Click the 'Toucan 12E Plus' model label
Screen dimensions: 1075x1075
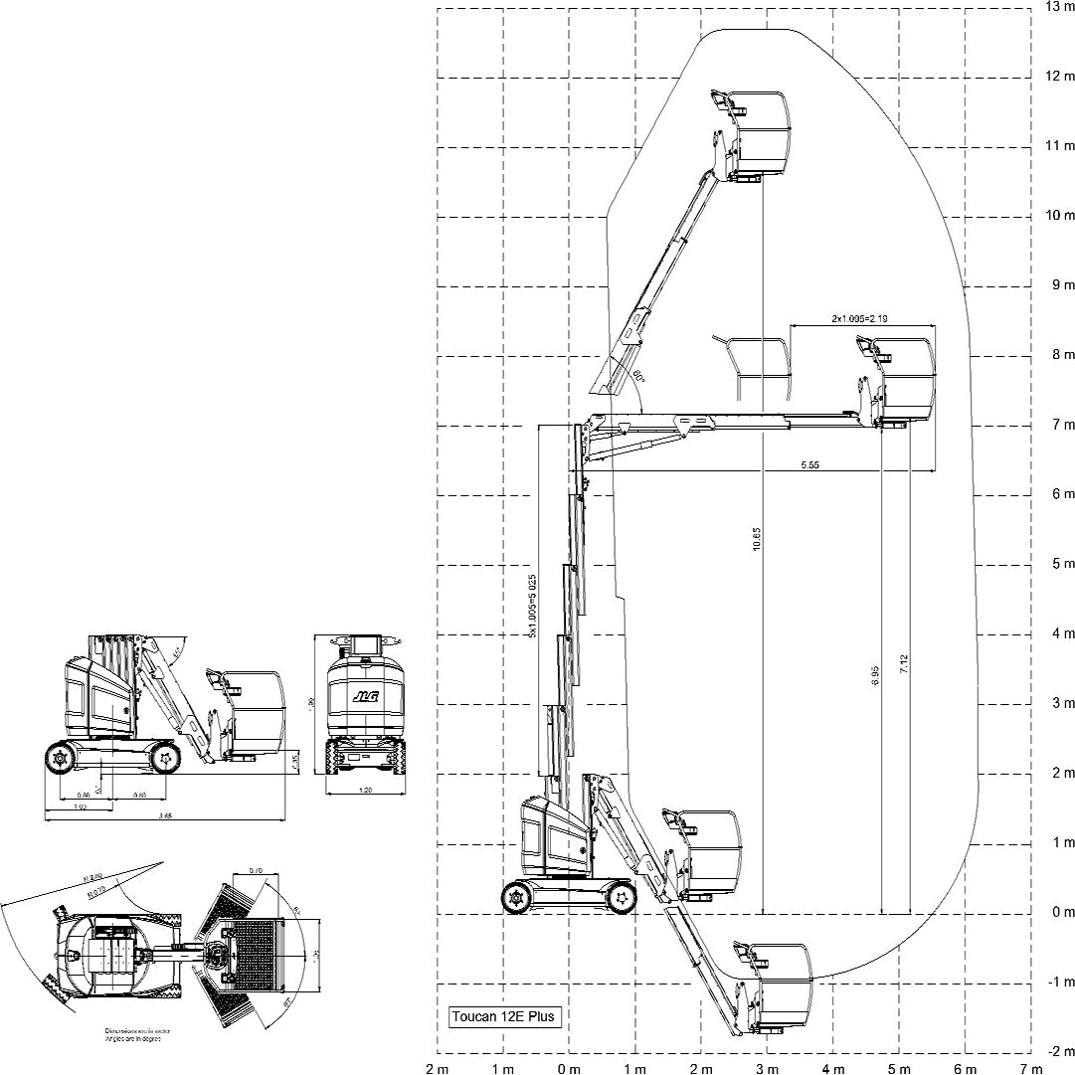click(x=505, y=1017)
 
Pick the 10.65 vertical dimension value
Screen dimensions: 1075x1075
click(x=757, y=537)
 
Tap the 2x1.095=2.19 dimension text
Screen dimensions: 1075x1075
click(x=860, y=318)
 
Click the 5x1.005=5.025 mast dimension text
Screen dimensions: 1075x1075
click(x=533, y=605)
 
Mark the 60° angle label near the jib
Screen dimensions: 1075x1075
click(x=639, y=376)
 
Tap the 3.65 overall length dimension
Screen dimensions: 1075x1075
click(x=167, y=816)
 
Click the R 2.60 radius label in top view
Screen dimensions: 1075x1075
click(x=95, y=878)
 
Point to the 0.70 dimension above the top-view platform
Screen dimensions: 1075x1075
click(x=256, y=871)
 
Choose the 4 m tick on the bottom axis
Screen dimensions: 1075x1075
click(x=832, y=1069)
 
